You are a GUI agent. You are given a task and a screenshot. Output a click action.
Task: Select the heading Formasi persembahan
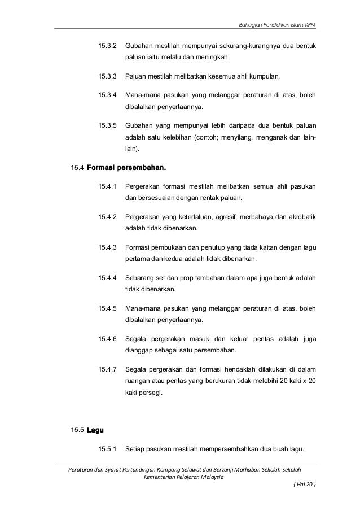pyautogui.click(x=127, y=168)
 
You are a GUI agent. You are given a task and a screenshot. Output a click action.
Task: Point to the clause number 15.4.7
pyautogui.click(x=107, y=369)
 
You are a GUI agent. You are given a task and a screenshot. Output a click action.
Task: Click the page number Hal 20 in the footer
pyautogui.click(x=304, y=485)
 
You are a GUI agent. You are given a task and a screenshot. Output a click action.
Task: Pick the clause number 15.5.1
pyautogui.click(x=107, y=449)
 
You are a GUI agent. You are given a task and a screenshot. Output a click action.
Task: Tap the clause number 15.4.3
pyautogui.click(x=107, y=247)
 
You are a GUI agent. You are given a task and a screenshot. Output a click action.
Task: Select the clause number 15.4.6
pyautogui.click(x=107, y=339)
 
